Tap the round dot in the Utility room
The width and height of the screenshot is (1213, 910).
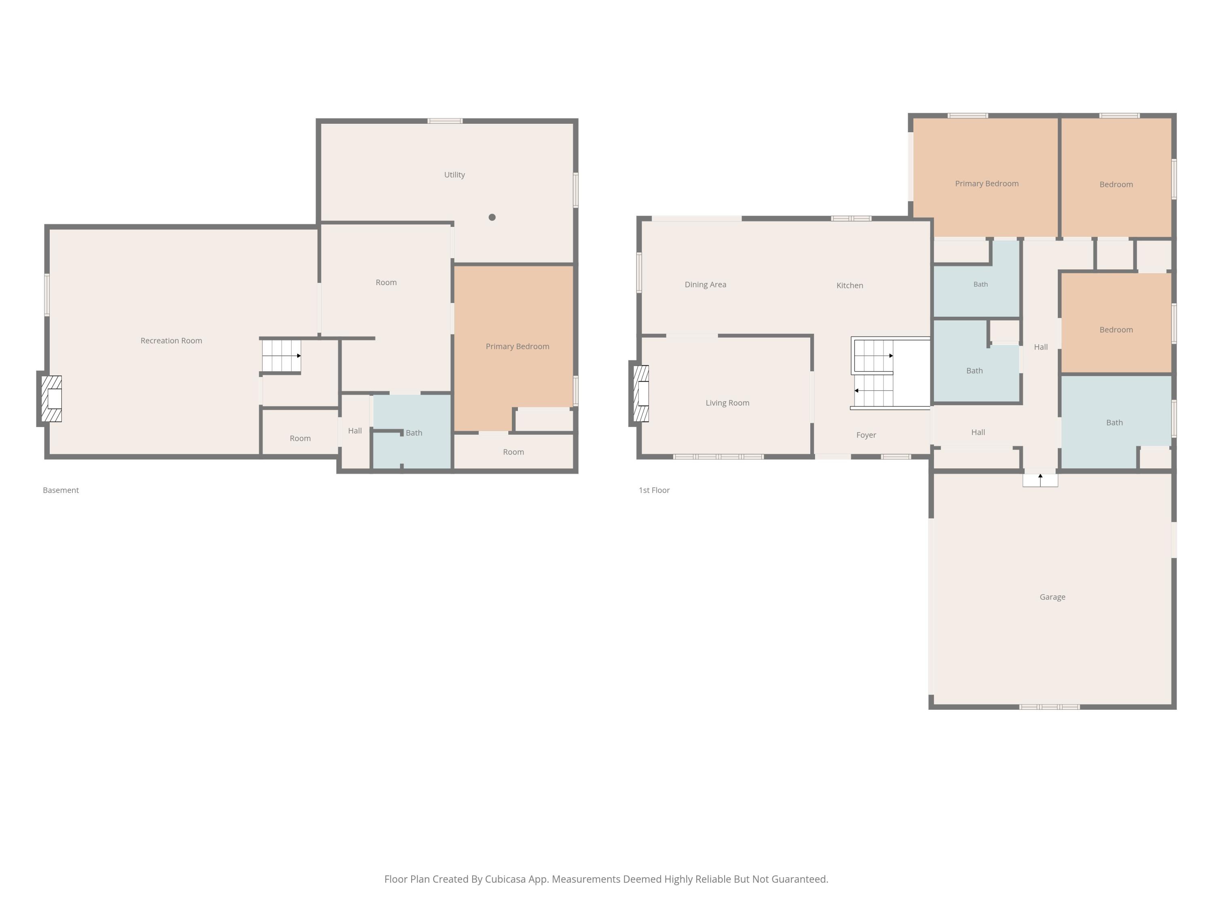point(492,217)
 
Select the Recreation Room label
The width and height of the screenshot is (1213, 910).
point(171,341)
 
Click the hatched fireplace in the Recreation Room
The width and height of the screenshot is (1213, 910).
point(51,399)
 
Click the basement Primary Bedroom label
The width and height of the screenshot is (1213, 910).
point(517,347)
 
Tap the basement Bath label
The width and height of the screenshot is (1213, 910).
point(414,433)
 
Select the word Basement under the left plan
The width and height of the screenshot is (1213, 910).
point(61,490)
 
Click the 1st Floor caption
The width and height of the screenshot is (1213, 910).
point(654,490)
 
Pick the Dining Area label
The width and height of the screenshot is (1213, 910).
point(705,285)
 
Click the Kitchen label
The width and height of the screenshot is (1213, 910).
point(850,285)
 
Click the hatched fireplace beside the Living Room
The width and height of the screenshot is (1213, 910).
point(641,393)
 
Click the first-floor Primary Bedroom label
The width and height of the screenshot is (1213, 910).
point(987,184)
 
